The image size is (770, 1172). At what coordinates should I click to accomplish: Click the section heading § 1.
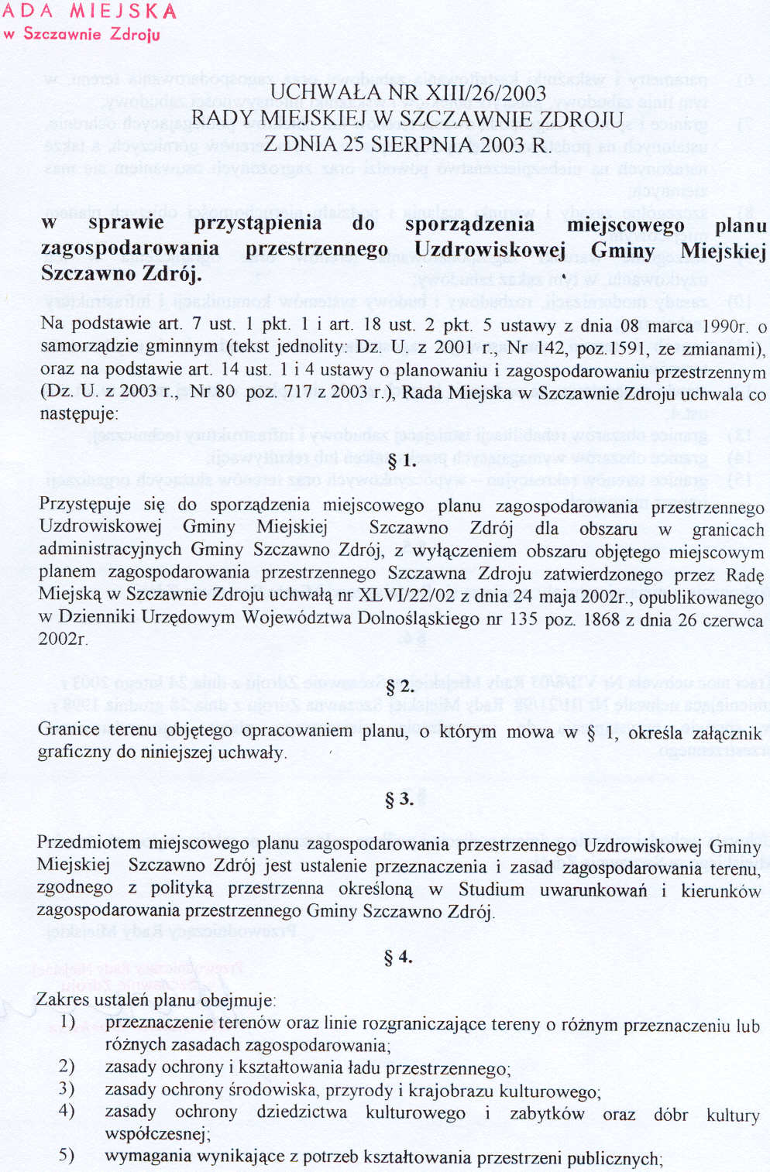[x=400, y=462]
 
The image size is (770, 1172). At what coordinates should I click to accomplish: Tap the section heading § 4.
[x=398, y=958]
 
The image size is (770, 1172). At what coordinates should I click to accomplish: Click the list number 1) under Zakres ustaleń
[x=68, y=1022]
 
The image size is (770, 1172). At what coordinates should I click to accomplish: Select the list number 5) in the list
[x=67, y=1156]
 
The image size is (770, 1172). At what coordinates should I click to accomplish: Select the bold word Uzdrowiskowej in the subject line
[x=490, y=249]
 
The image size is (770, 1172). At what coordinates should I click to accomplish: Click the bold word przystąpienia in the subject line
[x=257, y=224]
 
